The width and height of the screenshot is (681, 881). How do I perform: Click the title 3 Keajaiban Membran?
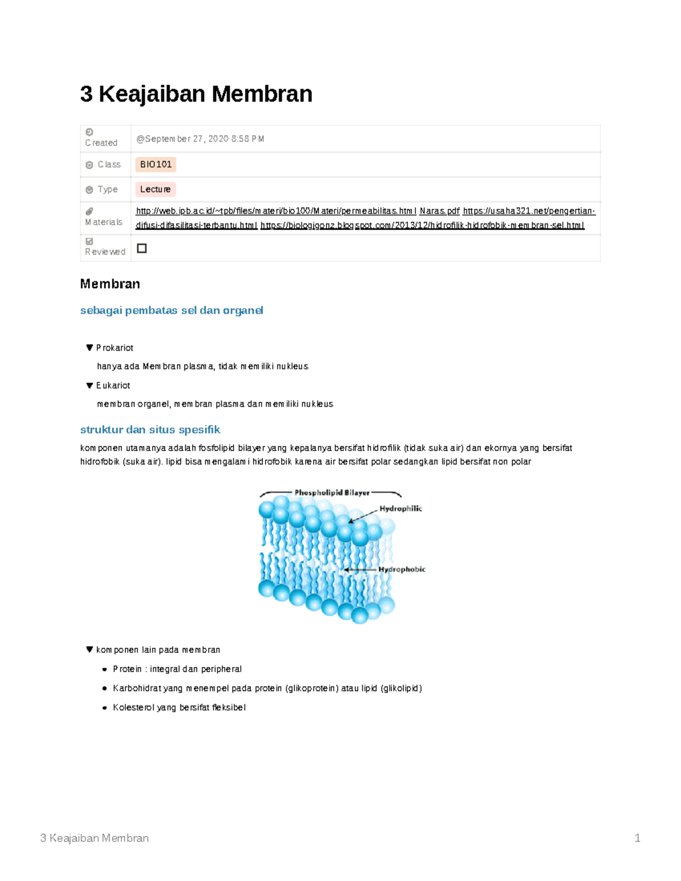coord(196,94)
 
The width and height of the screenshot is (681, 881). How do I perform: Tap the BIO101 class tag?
coord(155,165)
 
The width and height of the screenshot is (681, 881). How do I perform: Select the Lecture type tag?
coord(155,189)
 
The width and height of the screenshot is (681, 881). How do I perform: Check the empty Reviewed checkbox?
coord(142,248)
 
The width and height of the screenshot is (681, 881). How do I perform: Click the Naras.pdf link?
coord(439,211)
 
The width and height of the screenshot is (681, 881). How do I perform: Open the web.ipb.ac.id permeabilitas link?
coord(276,211)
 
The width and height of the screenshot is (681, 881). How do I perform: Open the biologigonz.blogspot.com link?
coord(422,225)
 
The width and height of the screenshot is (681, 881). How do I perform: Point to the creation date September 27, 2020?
coord(200,139)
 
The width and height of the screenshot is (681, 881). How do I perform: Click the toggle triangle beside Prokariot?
coord(89,348)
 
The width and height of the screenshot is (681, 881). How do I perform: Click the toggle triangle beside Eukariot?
coord(89,386)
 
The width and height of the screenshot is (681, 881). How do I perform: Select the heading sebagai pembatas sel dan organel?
coord(171,310)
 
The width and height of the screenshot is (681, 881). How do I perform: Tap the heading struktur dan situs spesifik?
coord(150,429)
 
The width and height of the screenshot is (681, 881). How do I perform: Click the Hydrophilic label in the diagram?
coord(401,509)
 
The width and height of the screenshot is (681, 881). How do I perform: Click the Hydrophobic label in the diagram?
coord(402,570)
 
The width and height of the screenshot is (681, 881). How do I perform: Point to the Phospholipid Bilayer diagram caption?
coord(331,493)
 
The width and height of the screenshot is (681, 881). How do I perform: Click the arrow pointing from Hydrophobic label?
coord(360,570)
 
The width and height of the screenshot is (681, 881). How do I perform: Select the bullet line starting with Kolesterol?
coord(179,707)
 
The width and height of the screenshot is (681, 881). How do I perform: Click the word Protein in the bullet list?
coord(127,669)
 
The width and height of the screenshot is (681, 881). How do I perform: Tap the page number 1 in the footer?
coord(637,838)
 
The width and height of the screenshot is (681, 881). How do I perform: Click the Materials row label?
coord(104,222)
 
